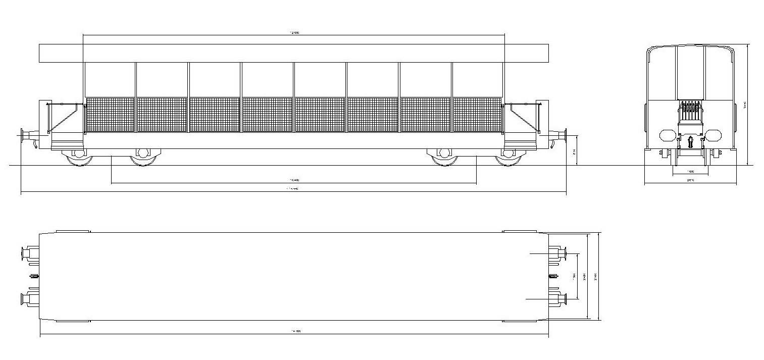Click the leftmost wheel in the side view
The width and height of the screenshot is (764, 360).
79,159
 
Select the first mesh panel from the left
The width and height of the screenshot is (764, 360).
111,115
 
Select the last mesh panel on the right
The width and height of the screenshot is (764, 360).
477,115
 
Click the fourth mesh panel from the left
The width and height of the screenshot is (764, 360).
267,115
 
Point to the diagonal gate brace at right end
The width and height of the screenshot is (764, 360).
523,120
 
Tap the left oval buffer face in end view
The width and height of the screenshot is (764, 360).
668,135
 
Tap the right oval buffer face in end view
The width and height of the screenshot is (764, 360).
713,135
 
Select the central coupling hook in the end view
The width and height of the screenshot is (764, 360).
690,141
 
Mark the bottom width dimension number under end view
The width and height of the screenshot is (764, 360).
690,180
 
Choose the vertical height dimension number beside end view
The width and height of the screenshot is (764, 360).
745,105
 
